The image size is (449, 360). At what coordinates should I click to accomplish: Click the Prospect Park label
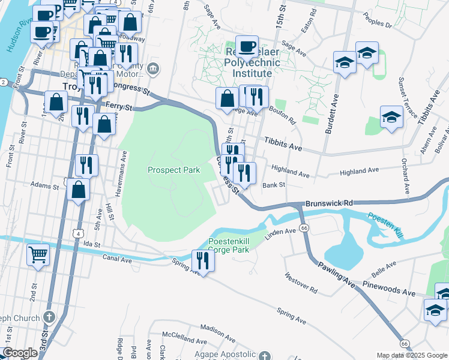click(174, 170)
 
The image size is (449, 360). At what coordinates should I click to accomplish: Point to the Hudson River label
click(17, 37)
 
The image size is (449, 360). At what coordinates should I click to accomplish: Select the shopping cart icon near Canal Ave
click(38, 254)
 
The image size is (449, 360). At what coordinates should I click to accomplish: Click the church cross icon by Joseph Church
click(50, 317)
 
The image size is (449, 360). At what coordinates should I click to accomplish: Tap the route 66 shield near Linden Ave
click(304, 228)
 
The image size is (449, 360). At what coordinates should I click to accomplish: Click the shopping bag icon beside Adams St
click(79, 189)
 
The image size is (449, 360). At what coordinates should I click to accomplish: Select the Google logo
click(20, 353)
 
